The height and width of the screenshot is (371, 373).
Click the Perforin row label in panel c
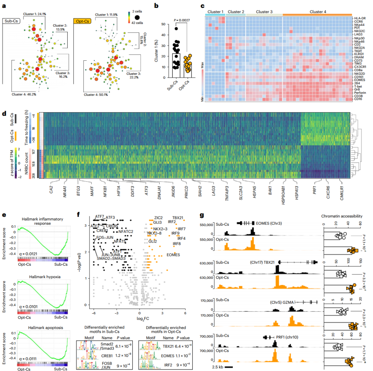pyautogui.click(x=360, y=93)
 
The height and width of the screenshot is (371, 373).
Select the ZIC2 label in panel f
pyautogui.click(x=159, y=218)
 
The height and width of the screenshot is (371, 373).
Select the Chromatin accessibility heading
pyautogui.click(x=342, y=216)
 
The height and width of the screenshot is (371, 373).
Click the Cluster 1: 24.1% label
pyautogui.click(x=35, y=14)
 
